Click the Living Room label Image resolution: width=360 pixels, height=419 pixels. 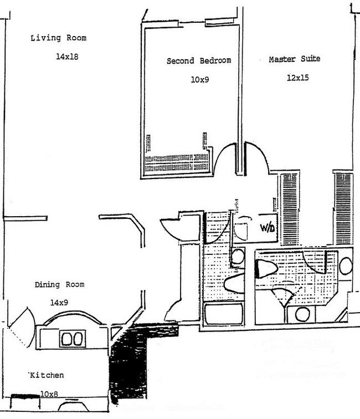[x=58, y=38]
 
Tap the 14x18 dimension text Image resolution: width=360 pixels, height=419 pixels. [x=66, y=57]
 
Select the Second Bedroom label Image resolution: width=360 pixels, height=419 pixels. [x=198, y=61]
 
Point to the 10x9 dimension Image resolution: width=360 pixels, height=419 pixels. [x=199, y=80]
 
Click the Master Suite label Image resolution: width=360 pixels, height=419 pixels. [x=294, y=59]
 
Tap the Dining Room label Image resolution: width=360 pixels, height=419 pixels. [x=59, y=285]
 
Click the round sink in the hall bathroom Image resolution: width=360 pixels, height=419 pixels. [x=237, y=256]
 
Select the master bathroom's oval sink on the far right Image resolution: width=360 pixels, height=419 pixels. [x=346, y=265]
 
